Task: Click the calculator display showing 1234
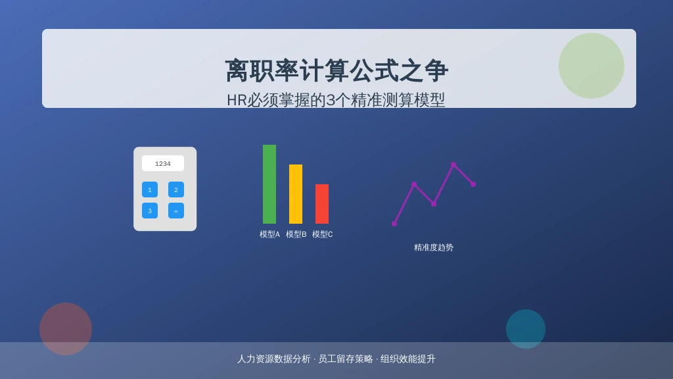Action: pos(163,163)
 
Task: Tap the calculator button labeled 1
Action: pos(150,189)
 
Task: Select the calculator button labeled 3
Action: pos(150,211)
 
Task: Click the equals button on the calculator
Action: pos(176,211)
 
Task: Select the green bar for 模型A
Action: pos(269,184)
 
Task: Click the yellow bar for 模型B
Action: pos(296,194)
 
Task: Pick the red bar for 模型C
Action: pos(322,204)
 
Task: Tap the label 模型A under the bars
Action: pos(269,234)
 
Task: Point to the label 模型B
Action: pos(296,234)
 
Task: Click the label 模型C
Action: pos(322,234)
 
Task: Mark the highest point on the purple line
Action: pos(453,164)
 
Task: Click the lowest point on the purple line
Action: pos(394,224)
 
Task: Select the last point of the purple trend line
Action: pos(473,184)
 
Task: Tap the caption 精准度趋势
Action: pos(434,247)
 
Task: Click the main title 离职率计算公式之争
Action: pos(336,70)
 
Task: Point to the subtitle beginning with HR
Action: pos(336,100)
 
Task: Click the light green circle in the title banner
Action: pos(592,66)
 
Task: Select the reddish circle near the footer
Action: pos(66,329)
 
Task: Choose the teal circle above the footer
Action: pos(526,329)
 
